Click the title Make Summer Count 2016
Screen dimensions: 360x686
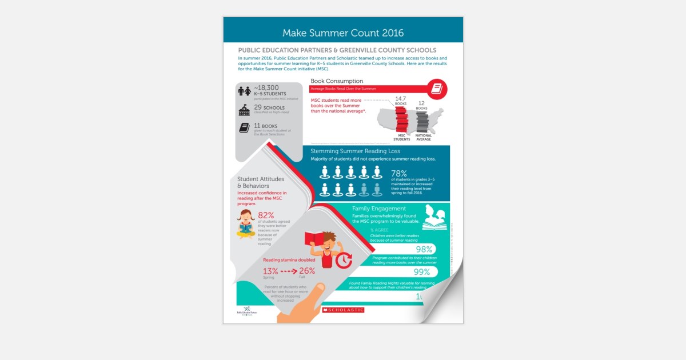click(x=343, y=33)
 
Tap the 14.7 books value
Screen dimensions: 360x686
click(x=401, y=99)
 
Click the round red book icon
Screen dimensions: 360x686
click(x=437, y=89)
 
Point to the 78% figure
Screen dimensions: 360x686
click(x=399, y=173)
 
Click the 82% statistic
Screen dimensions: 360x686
click(x=267, y=215)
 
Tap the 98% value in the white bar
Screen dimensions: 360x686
click(x=424, y=249)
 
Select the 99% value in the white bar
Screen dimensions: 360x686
click(x=422, y=272)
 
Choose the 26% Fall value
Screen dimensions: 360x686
click(x=307, y=270)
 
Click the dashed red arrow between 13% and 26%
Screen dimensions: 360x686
click(x=289, y=271)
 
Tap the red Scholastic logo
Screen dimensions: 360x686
click(x=343, y=310)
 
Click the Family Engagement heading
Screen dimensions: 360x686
click(x=379, y=209)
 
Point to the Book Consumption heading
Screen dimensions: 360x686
click(x=337, y=81)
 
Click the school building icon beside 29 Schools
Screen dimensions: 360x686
click(x=244, y=109)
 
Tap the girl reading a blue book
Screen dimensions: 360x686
click(x=246, y=223)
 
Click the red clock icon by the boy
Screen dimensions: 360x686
click(x=344, y=260)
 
